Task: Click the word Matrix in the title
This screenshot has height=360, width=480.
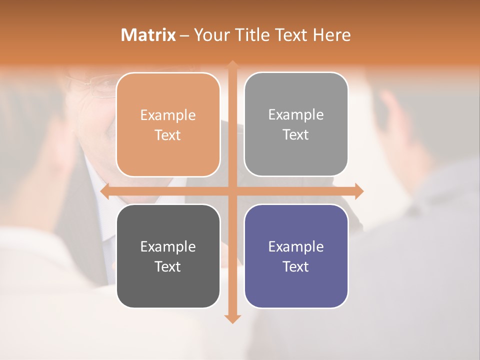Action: (148, 35)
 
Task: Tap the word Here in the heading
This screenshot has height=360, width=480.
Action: (331, 35)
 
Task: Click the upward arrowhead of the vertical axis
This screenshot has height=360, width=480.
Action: (232, 65)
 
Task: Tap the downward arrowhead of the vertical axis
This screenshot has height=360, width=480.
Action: (232, 318)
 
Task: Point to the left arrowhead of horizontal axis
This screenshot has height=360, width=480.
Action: (105, 191)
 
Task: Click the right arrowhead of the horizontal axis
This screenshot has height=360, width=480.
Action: (358, 191)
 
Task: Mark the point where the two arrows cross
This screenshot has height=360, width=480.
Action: (232, 191)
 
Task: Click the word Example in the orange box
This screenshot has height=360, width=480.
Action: (168, 115)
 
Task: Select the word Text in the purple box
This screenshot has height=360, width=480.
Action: (296, 266)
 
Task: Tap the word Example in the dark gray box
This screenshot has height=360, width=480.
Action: (168, 246)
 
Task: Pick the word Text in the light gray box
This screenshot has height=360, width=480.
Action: (296, 135)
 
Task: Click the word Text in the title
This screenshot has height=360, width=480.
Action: (290, 35)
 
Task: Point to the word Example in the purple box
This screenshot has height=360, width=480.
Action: (296, 246)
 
